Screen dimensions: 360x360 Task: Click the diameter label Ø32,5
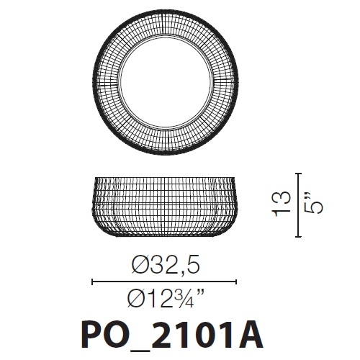[x=165, y=266]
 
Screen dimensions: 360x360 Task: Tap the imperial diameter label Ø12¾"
[x=165, y=297]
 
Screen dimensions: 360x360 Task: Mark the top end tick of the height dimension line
[x=299, y=174]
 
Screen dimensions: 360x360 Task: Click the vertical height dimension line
[x=299, y=205]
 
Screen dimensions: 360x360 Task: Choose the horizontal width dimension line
[x=165, y=282]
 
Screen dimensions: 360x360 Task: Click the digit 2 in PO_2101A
[x=158, y=336]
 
